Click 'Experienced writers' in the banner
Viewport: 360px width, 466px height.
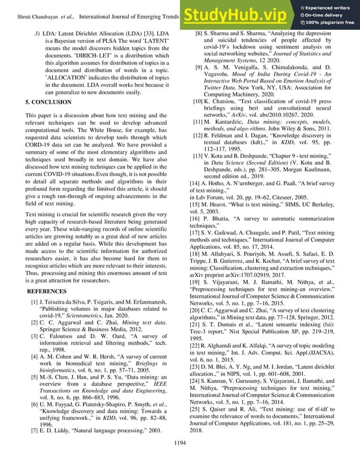(x=328, y=5)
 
